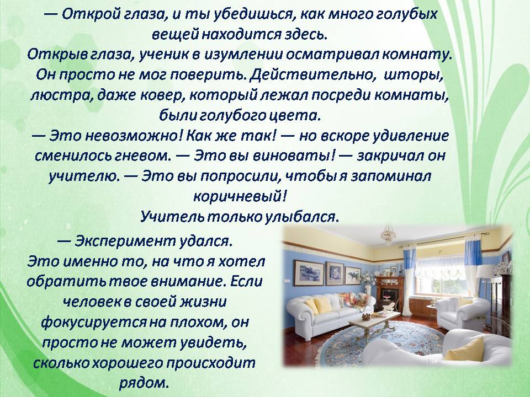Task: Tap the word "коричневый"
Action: [240, 196]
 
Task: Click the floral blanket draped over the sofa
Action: [354, 300]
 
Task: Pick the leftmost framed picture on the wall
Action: [309, 273]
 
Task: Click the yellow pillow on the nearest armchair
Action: [465, 349]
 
